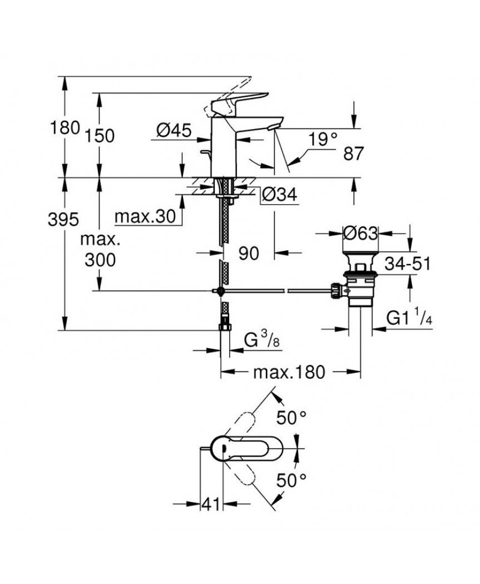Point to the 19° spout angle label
pyautogui.click(x=324, y=139)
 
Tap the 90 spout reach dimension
pyautogui.click(x=249, y=254)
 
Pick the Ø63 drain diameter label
pyautogui.click(x=360, y=234)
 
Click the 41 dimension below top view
pyautogui.click(x=210, y=505)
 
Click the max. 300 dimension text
pyautogui.click(x=100, y=250)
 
